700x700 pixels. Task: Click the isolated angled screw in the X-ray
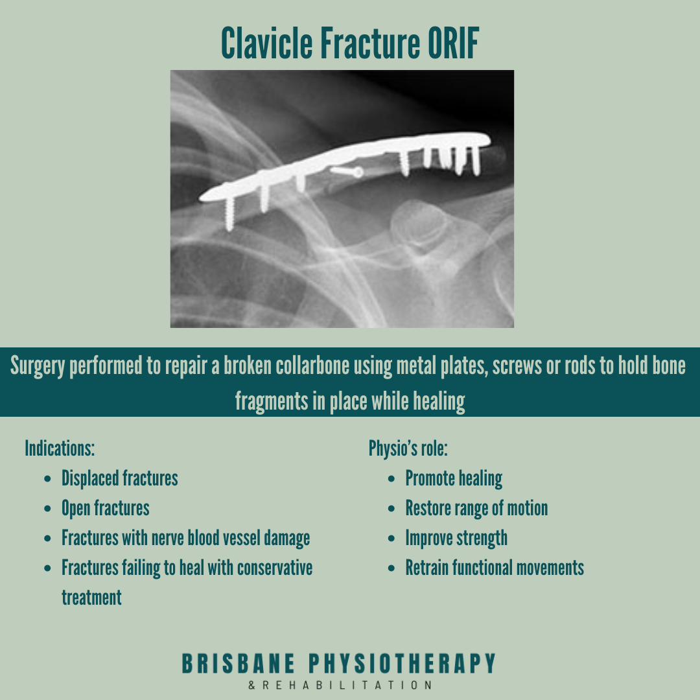pyautogui.click(x=347, y=171)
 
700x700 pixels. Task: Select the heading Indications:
pyautogui.click(x=60, y=448)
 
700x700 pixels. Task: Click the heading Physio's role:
pyautogui.click(x=408, y=448)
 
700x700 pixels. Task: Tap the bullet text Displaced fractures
pyautogui.click(x=119, y=478)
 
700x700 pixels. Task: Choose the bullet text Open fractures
pyautogui.click(x=105, y=508)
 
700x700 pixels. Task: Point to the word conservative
pyautogui.click(x=275, y=568)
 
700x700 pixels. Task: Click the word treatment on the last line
pyautogui.click(x=91, y=598)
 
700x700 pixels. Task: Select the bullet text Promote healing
pyautogui.click(x=454, y=478)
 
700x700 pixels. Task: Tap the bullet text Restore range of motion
pyautogui.click(x=476, y=508)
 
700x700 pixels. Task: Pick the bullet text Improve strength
pyautogui.click(x=456, y=538)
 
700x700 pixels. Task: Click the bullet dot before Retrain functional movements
pyautogui.click(x=391, y=568)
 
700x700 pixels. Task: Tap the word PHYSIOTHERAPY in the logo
pyautogui.click(x=401, y=664)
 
